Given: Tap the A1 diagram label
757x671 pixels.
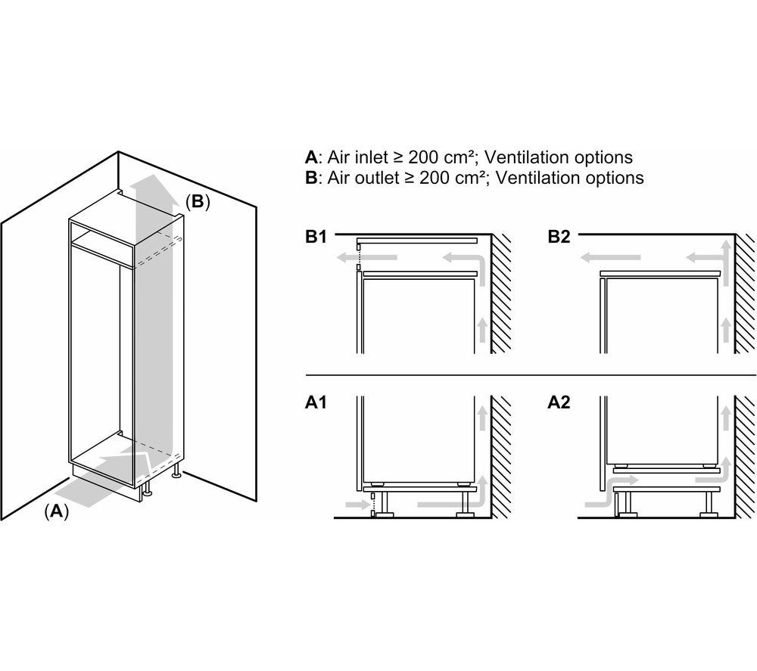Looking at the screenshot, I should pos(316,403).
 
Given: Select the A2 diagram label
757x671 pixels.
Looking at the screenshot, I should pos(559,403).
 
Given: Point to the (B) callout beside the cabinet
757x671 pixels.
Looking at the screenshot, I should pos(197,202).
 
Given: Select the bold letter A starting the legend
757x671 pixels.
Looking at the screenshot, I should pos(310,157).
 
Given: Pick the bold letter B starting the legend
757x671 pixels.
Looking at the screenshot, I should pos(310,178).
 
